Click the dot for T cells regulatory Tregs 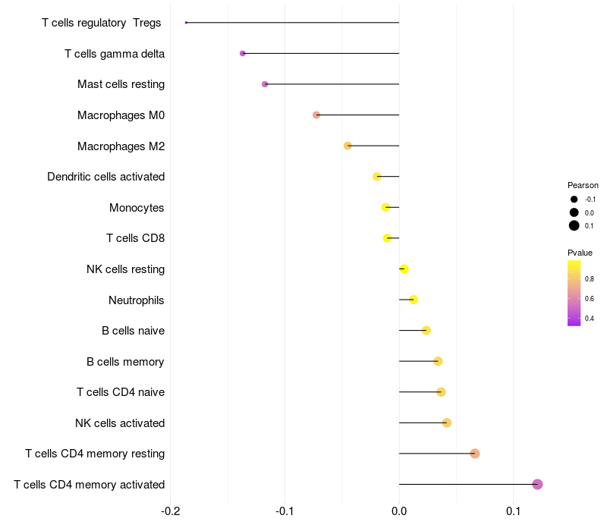[x=186, y=23]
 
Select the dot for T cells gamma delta [x=243, y=53]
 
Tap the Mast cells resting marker [x=265, y=84]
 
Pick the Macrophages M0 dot [x=316, y=115]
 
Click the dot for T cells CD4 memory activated [x=537, y=484]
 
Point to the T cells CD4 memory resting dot [x=475, y=454]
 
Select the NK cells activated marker [x=447, y=423]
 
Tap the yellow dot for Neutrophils [x=414, y=300]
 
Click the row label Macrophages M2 [x=121, y=146]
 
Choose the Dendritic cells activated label [x=105, y=177]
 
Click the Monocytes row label [x=137, y=208]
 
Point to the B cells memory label [x=125, y=361]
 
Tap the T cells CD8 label [x=135, y=238]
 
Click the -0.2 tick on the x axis [x=171, y=511]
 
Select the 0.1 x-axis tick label [x=514, y=511]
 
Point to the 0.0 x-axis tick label [x=399, y=511]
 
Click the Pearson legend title [x=583, y=185]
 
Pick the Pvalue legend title [x=580, y=253]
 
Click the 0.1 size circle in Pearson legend [x=574, y=225]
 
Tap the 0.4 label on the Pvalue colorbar [x=590, y=319]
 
